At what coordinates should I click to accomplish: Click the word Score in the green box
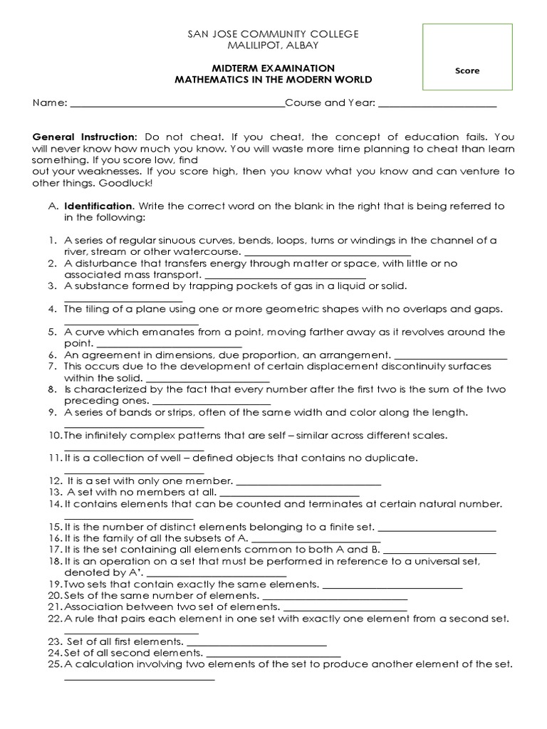pyautogui.click(x=467, y=70)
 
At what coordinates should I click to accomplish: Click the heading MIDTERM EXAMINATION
pyautogui.click(x=273, y=68)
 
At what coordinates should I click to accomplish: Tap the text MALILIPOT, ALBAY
pyautogui.click(x=273, y=46)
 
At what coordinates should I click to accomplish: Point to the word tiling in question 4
pyautogui.click(x=95, y=309)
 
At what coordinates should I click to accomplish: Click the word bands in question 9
pyautogui.click(x=135, y=412)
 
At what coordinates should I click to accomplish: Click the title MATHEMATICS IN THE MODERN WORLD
pyautogui.click(x=273, y=80)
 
